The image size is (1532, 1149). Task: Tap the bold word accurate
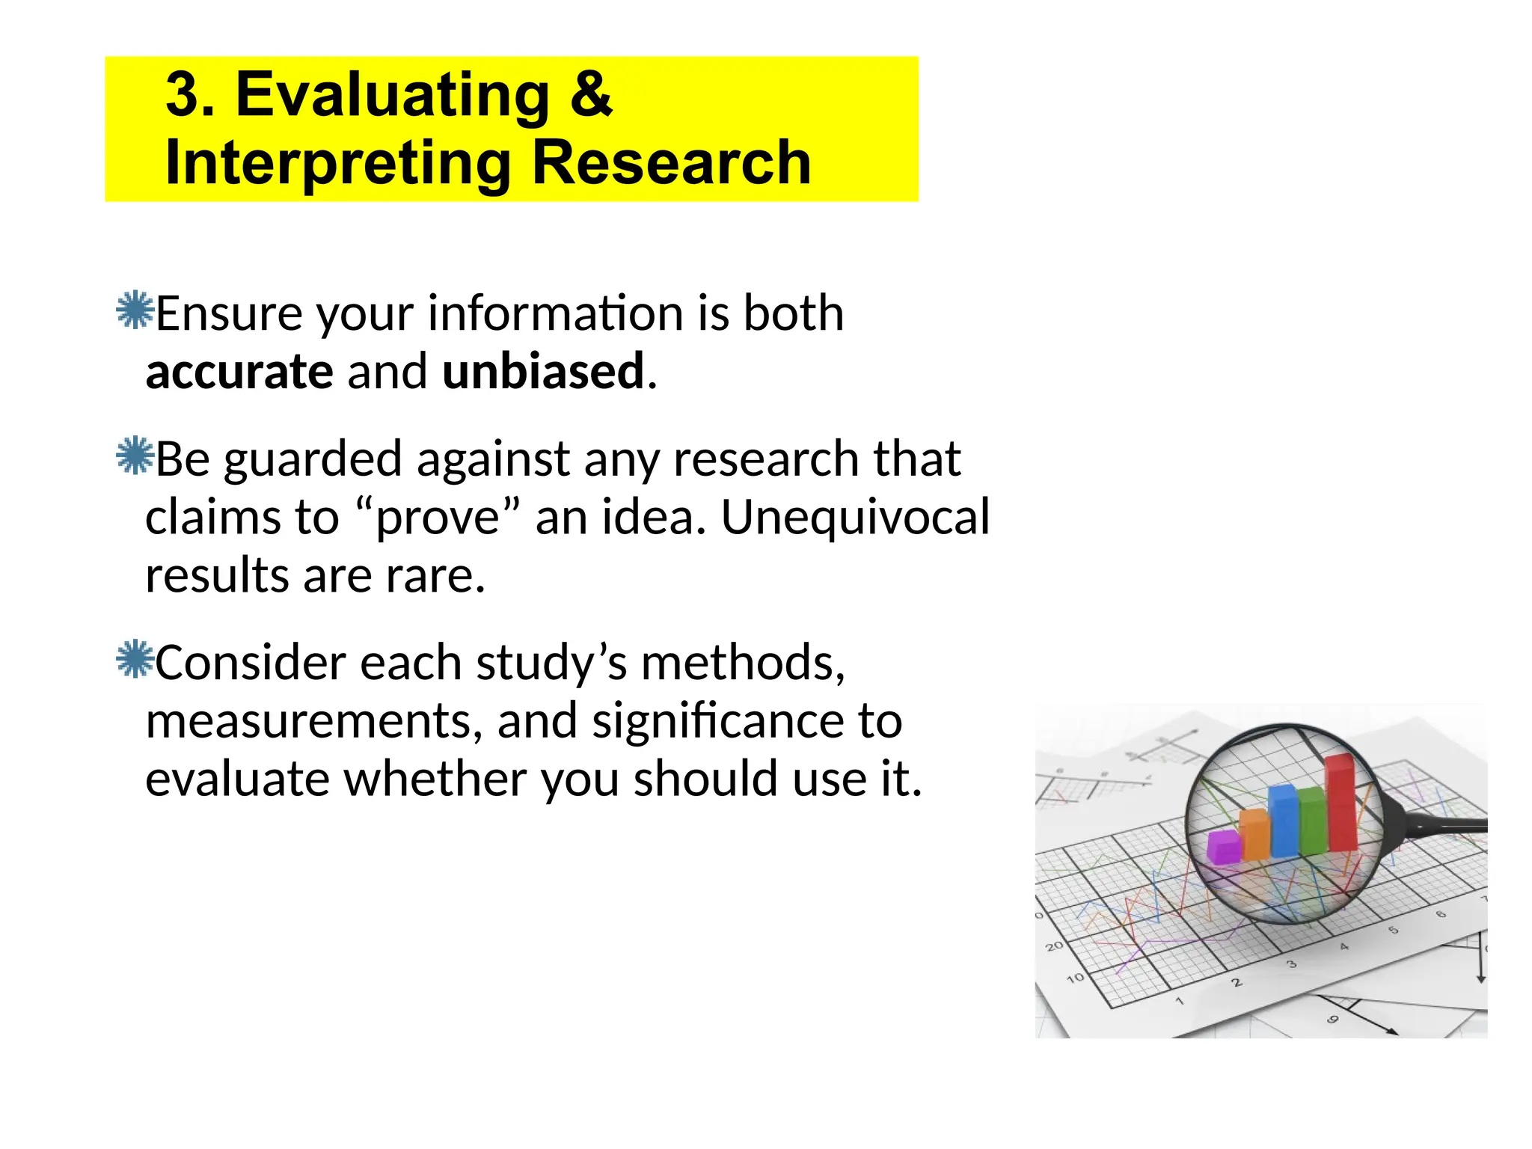click(239, 372)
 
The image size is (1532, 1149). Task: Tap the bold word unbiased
click(543, 372)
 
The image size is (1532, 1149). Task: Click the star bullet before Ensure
click(135, 310)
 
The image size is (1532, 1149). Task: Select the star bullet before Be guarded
click(135, 456)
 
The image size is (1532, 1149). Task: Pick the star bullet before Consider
click(135, 659)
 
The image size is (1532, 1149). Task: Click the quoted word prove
click(438, 518)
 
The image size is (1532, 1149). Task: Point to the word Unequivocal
click(855, 518)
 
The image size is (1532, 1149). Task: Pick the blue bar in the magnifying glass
click(1284, 821)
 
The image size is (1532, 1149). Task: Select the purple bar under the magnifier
click(1224, 847)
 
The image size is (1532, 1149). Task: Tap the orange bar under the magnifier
click(1254, 835)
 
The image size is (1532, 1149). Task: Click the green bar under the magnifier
click(1312, 821)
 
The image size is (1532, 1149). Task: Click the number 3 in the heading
click(183, 95)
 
